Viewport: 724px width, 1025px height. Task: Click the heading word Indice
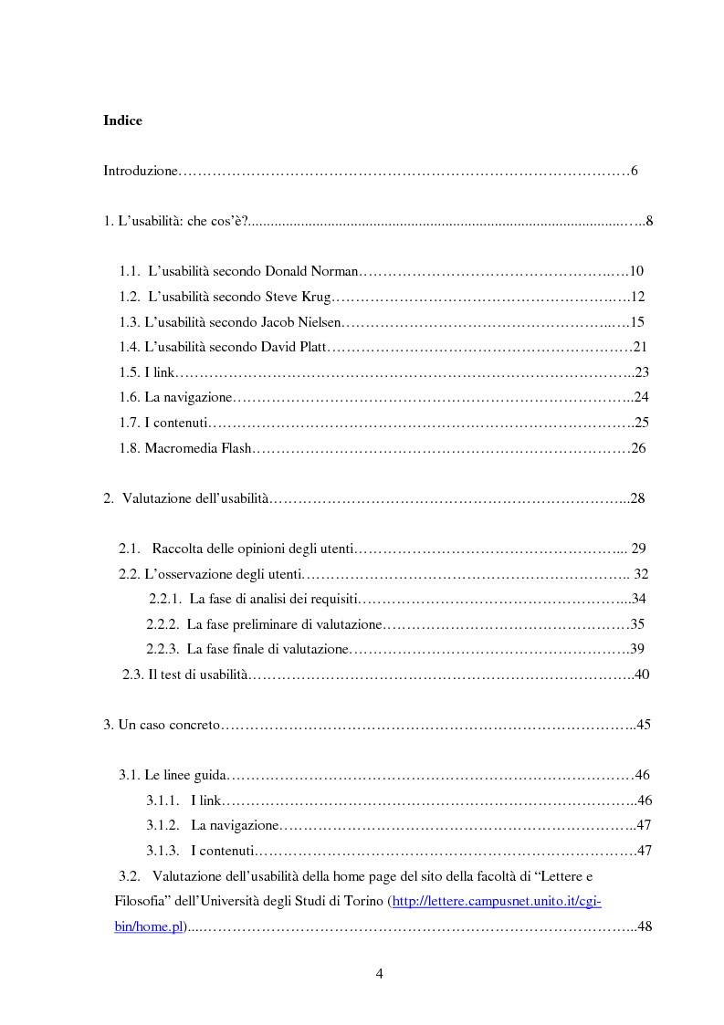[x=122, y=120]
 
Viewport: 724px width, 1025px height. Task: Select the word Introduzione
[x=140, y=171]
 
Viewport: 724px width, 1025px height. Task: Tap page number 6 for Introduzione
[x=634, y=171]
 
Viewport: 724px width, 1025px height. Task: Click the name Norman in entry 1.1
[x=337, y=271]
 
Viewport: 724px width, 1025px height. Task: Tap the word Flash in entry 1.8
[x=234, y=448]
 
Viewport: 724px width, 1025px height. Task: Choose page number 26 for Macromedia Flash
[x=638, y=448]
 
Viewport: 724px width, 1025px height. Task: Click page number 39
[x=638, y=649]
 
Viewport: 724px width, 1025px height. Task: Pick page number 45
[x=642, y=725]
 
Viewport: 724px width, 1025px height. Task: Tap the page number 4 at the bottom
[x=379, y=973]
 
